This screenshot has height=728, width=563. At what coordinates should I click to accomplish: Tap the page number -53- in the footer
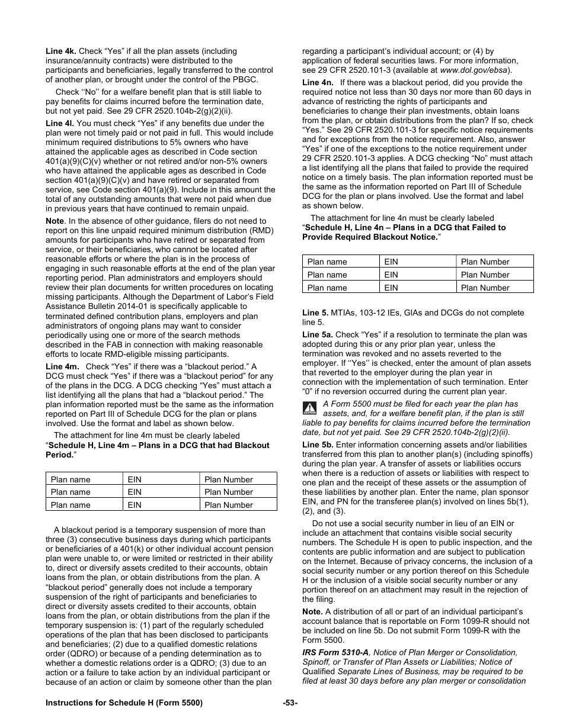[x=290, y=703]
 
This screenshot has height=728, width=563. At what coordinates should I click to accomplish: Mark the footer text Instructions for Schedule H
[x=124, y=703]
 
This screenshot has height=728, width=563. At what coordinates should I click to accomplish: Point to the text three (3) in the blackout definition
[x=63, y=540]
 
